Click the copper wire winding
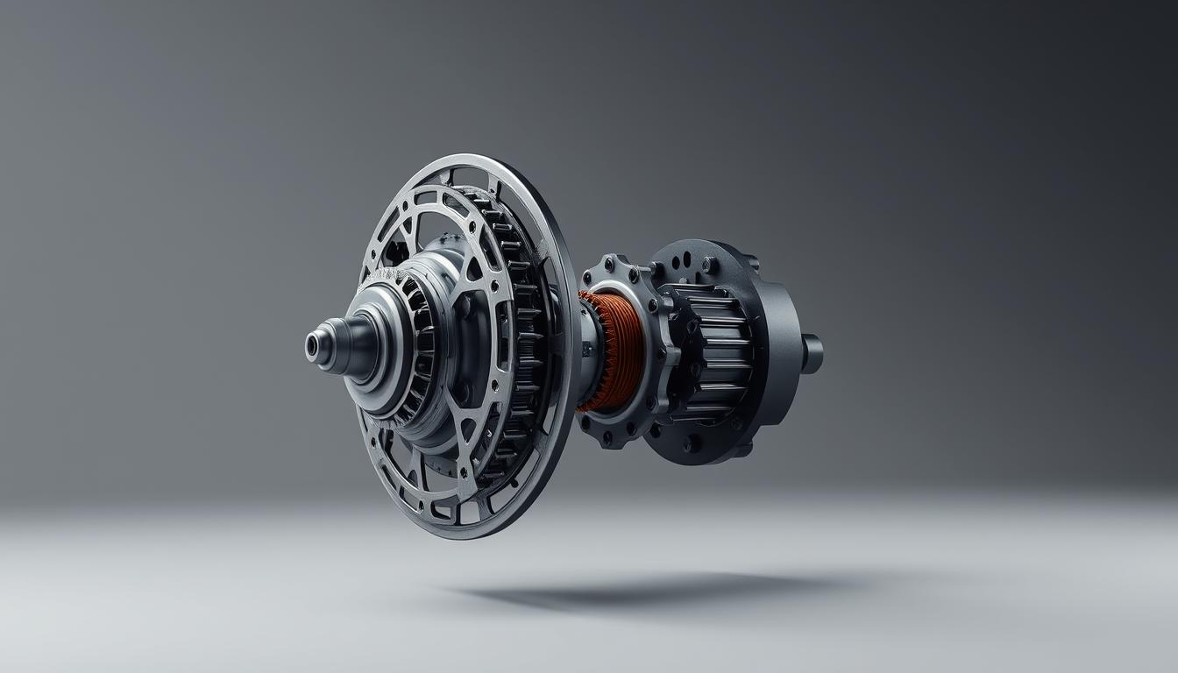pyautogui.click(x=614, y=351)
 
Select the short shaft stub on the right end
pyautogui.click(x=812, y=353)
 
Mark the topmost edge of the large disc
pyautogui.click(x=473, y=158)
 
